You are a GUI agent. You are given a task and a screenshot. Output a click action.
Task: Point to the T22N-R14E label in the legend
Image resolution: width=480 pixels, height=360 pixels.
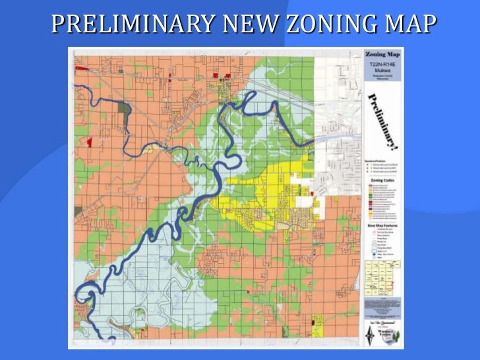pyautogui.click(x=383, y=64)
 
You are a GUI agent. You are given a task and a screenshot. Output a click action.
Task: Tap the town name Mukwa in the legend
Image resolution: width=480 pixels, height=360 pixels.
pyautogui.click(x=383, y=70)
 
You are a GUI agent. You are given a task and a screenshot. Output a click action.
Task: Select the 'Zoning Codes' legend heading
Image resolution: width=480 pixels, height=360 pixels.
pyautogui.click(x=383, y=179)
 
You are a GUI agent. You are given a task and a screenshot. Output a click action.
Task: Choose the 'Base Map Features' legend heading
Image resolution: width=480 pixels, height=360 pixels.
pyautogui.click(x=383, y=225)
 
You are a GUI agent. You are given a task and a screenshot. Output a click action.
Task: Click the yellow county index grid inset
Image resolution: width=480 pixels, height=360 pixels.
pyautogui.click(x=383, y=276)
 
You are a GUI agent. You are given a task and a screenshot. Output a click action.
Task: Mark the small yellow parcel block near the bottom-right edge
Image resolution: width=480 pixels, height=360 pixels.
pyautogui.click(x=318, y=321)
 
